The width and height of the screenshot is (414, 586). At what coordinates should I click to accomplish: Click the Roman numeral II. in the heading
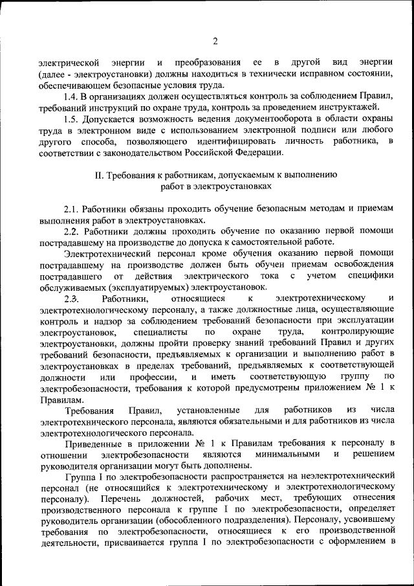[99, 174]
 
